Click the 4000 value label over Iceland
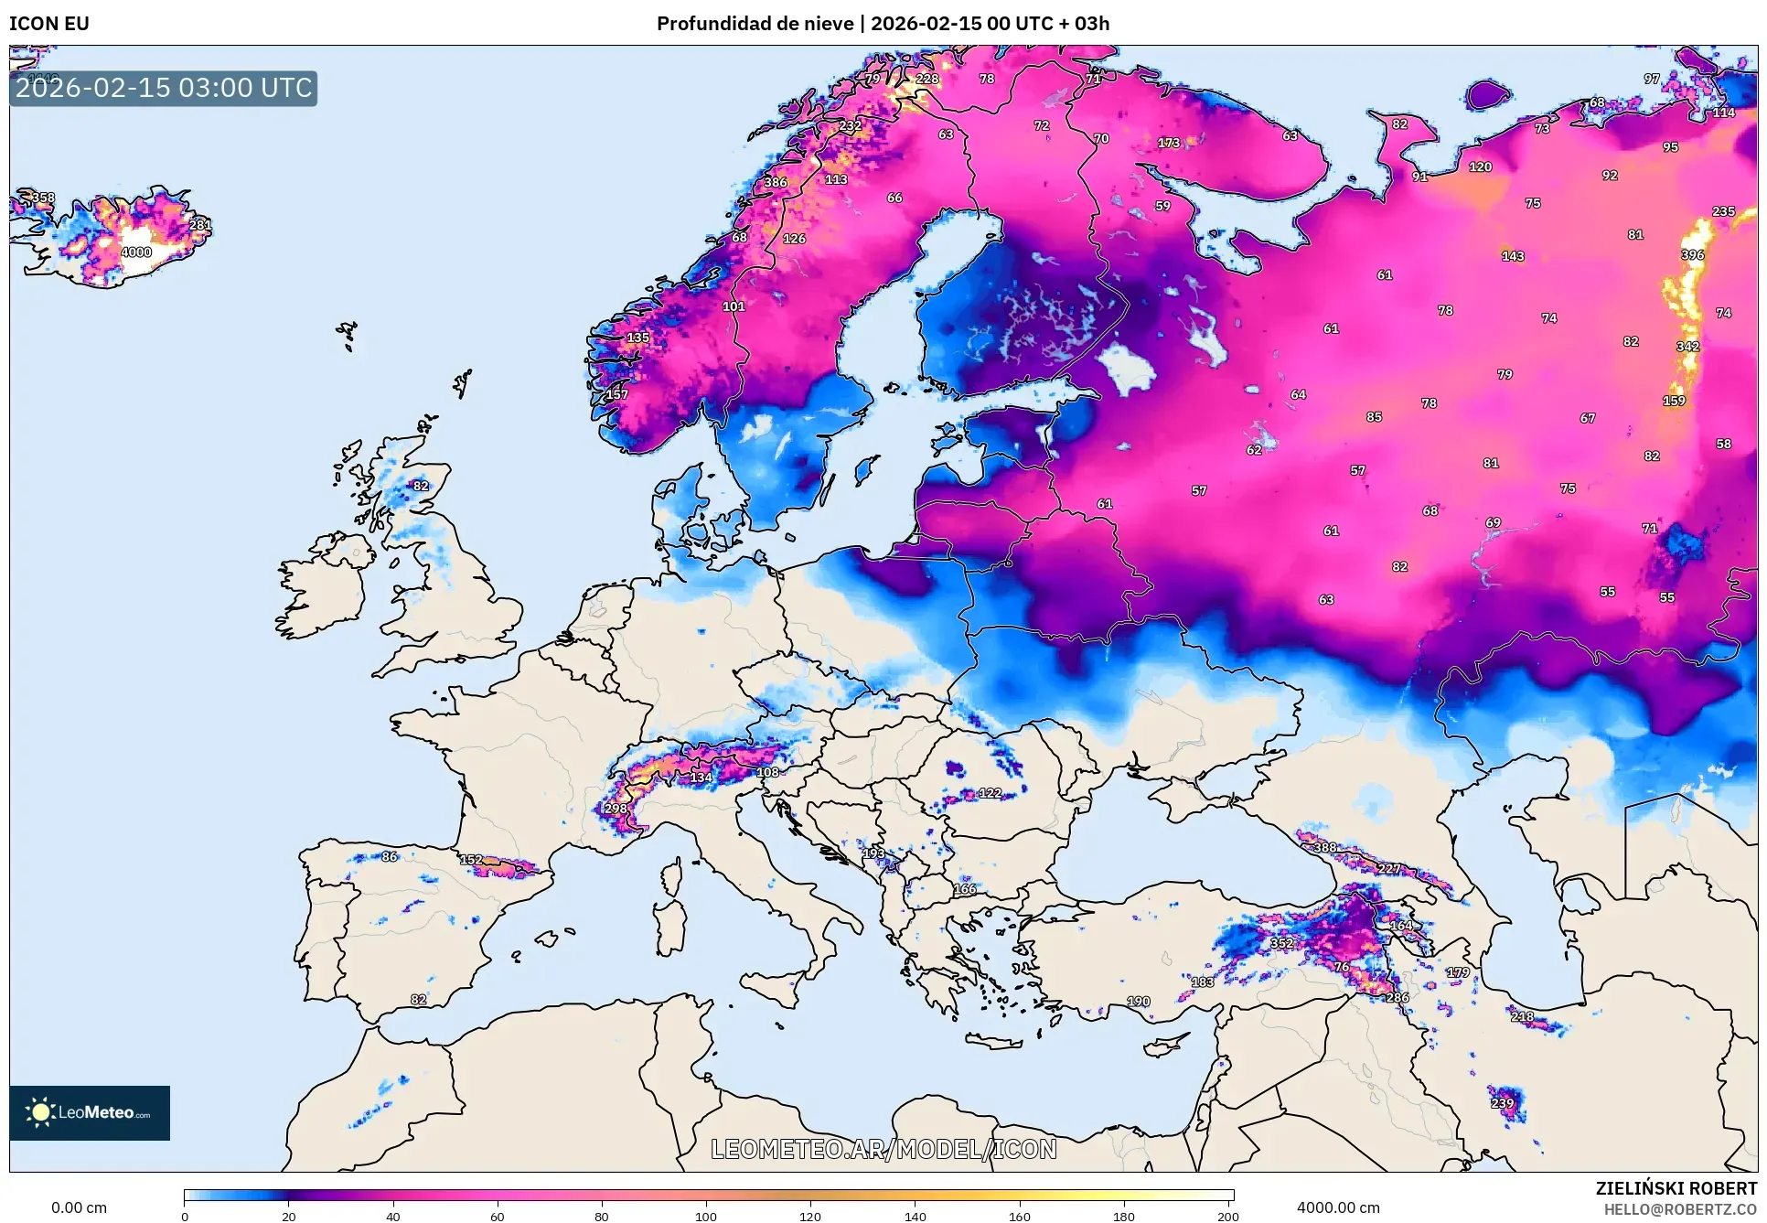pos(135,252)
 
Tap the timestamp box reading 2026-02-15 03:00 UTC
pos(164,88)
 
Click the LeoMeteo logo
pos(90,1112)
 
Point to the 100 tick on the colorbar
pos(705,1216)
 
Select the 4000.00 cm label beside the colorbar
pos(1337,1207)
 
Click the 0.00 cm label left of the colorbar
pos(79,1207)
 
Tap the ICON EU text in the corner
pos(49,24)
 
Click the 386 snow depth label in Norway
pos(775,182)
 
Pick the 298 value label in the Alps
pos(616,809)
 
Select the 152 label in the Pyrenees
pos(470,860)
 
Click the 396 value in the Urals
pos(1692,255)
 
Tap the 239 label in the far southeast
pos(1502,1103)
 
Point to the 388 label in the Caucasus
pos(1324,848)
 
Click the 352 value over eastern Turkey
pos(1281,943)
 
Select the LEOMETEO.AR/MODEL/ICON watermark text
pos(883,1149)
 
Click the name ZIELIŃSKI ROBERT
pos(1676,1188)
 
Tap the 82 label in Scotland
pos(420,486)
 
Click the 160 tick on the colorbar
pos(1019,1216)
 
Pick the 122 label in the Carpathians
pos(990,793)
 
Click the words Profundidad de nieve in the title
pos(755,24)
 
